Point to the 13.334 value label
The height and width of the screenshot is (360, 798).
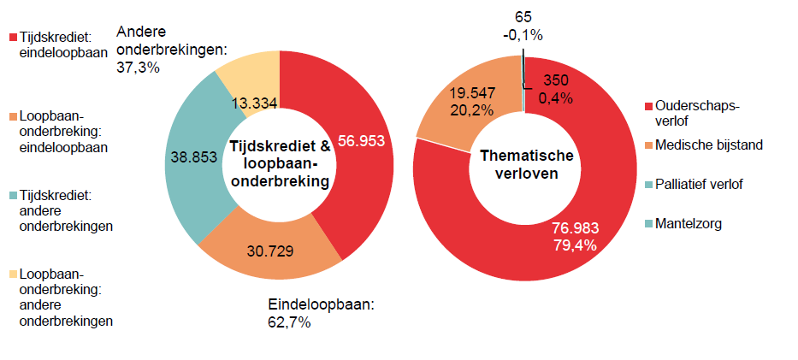click(x=254, y=103)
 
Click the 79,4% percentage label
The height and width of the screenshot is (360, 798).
click(x=573, y=245)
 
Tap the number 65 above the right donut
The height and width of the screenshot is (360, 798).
click(x=523, y=18)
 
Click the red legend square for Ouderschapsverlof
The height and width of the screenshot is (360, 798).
click(x=648, y=106)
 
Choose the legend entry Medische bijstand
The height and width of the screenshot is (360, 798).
click(x=708, y=145)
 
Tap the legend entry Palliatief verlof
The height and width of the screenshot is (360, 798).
click(x=699, y=185)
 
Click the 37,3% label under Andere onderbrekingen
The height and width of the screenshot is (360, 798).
click(x=138, y=67)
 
